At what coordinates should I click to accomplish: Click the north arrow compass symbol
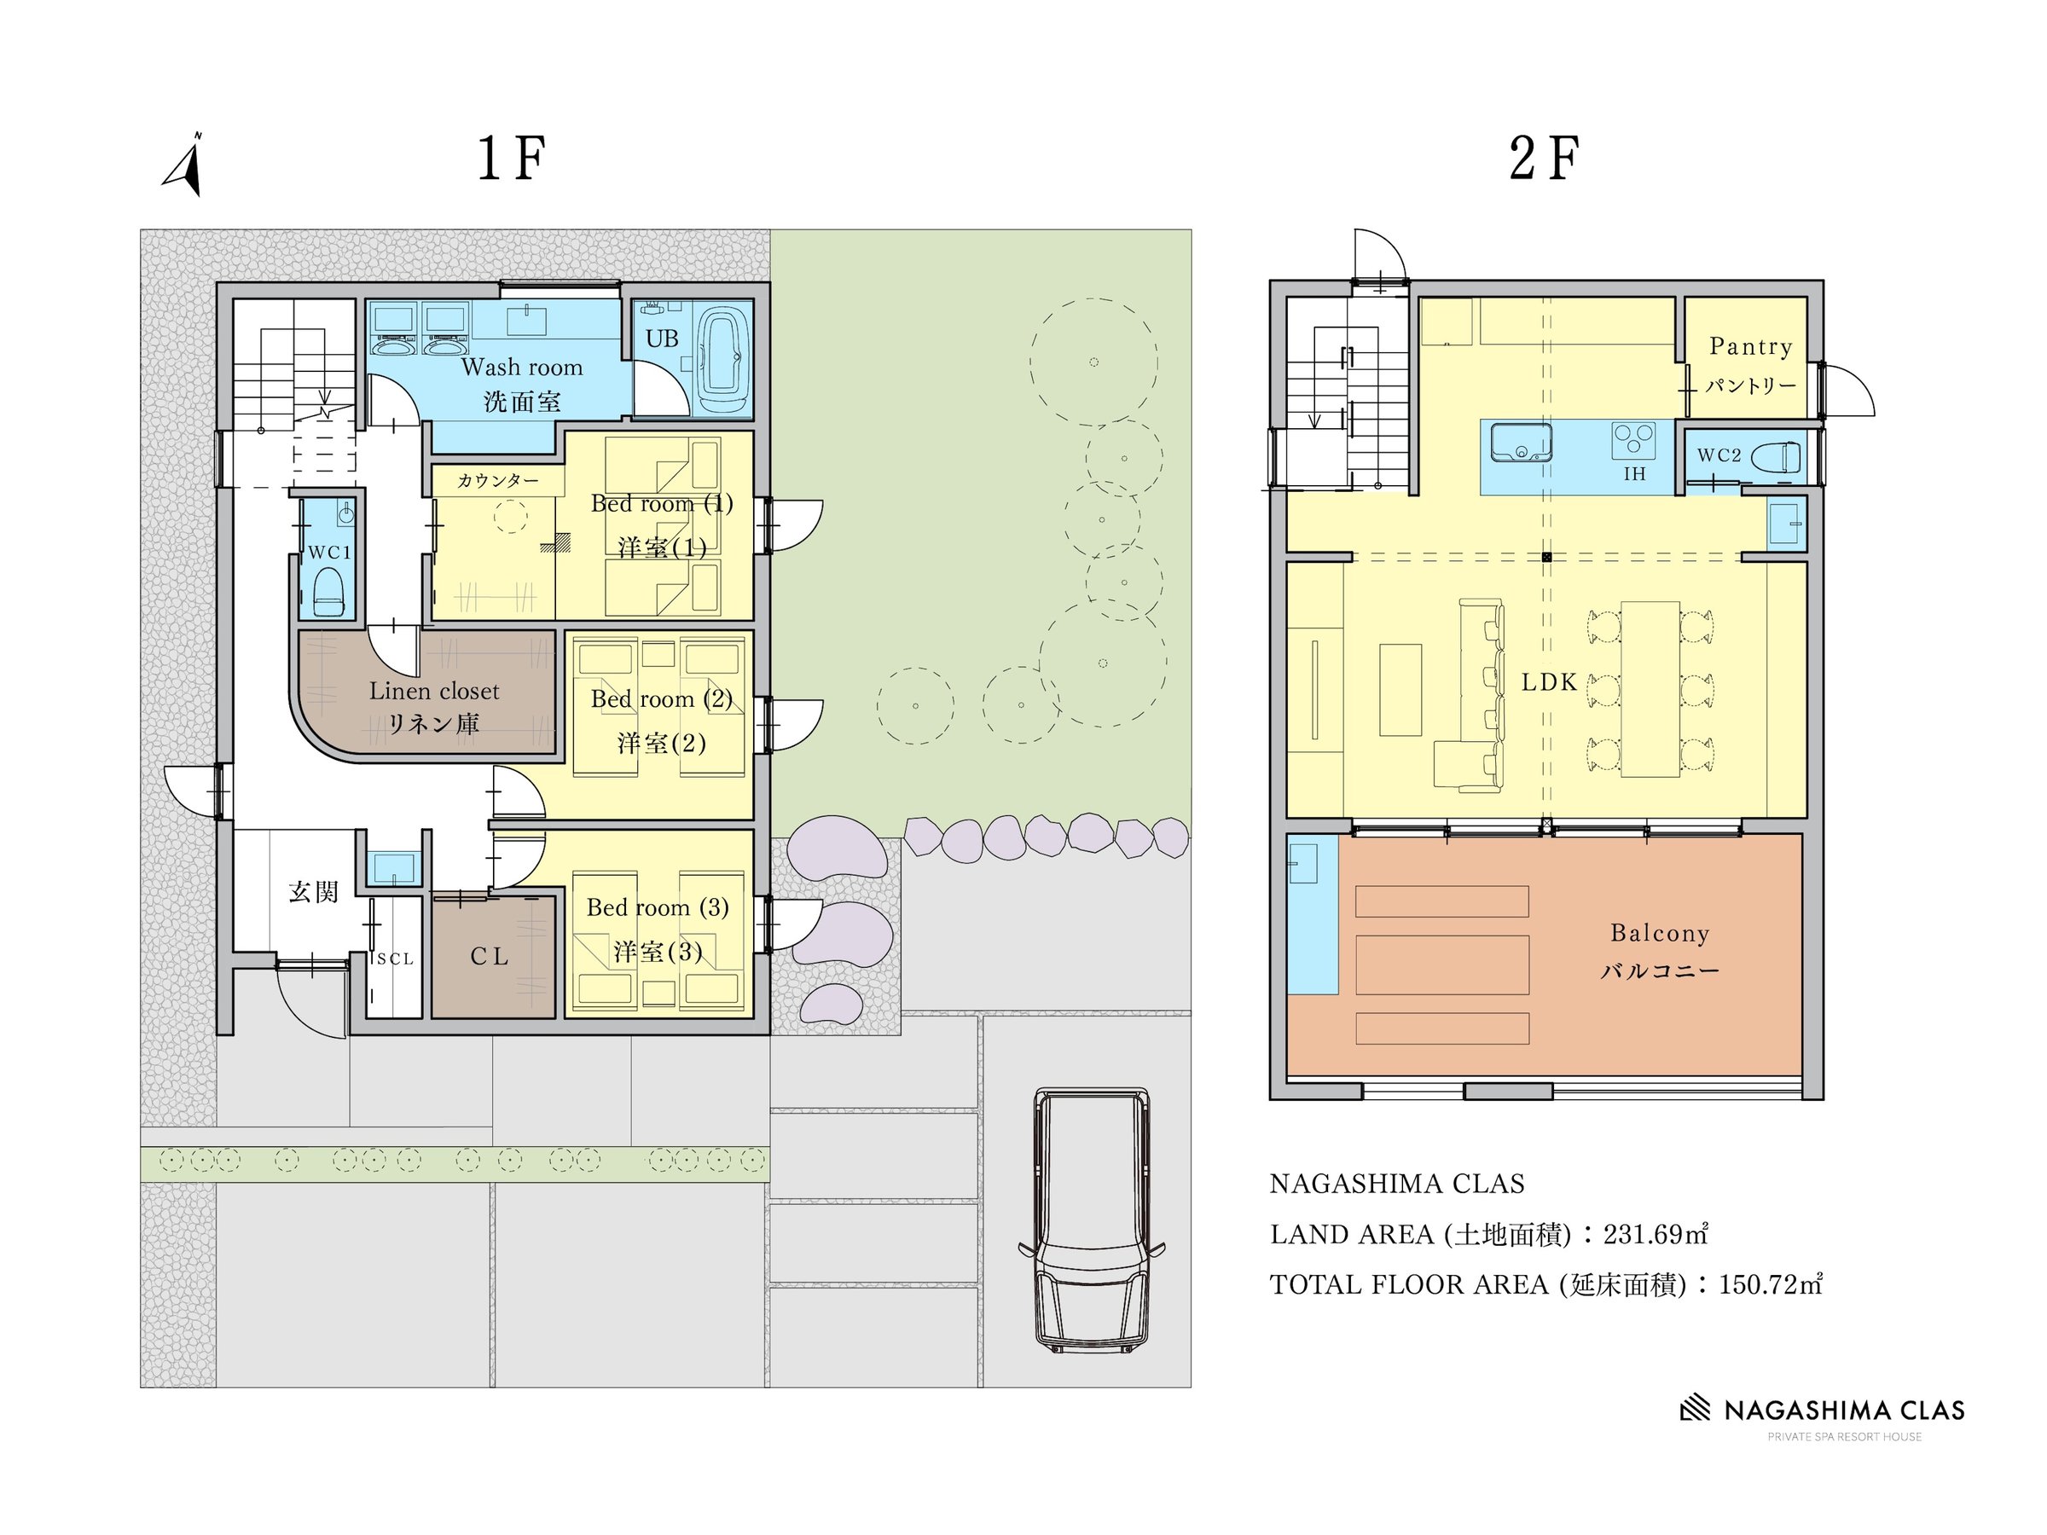tap(185, 166)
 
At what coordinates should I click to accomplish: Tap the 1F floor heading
tap(511, 159)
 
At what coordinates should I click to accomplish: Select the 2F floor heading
tap(1544, 159)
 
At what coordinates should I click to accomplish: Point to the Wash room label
tap(522, 368)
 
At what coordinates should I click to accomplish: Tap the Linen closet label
tap(434, 691)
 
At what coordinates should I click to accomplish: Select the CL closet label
tap(490, 957)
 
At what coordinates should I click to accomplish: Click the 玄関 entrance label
tap(314, 892)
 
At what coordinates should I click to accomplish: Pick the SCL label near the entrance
tap(395, 959)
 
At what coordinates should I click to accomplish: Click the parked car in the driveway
tap(1092, 1220)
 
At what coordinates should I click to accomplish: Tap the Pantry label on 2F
tap(1751, 347)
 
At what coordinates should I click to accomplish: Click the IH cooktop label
tap(1635, 474)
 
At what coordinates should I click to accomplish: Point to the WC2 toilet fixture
tap(1777, 457)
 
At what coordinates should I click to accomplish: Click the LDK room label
tap(1549, 683)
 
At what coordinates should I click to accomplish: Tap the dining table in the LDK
tap(1651, 689)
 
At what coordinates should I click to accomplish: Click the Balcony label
tap(1660, 934)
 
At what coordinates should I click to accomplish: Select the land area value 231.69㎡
tap(1656, 1234)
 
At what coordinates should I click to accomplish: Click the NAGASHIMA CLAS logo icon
tap(1696, 1407)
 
